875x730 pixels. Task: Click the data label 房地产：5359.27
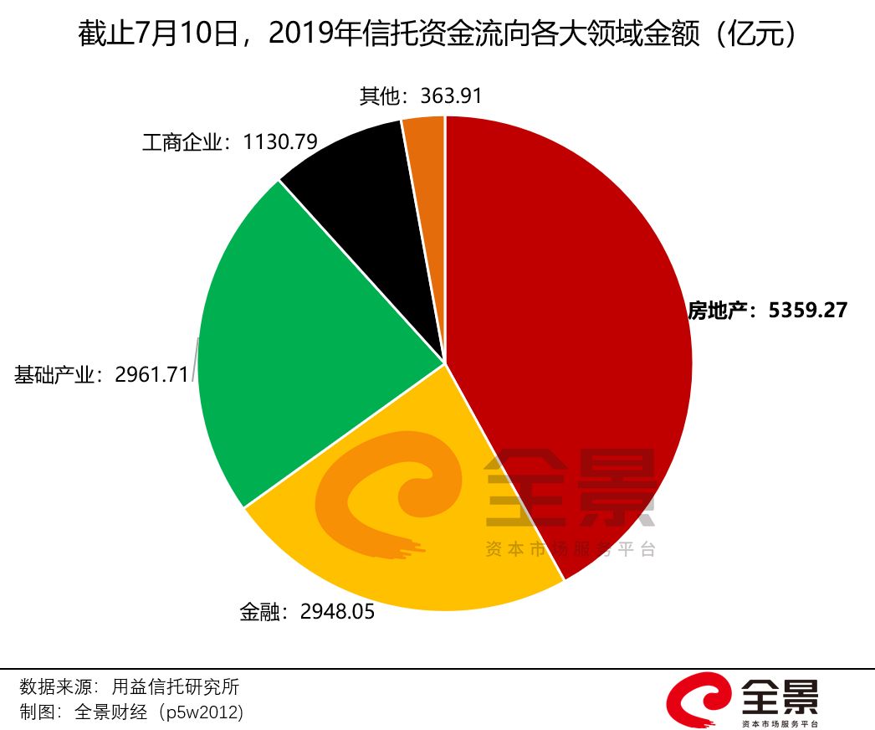click(767, 311)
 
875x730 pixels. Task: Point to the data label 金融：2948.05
click(306, 612)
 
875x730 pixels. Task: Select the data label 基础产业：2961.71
click(101, 374)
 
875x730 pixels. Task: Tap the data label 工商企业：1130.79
click(229, 142)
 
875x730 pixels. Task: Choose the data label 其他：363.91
click(421, 95)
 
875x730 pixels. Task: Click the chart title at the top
click(437, 34)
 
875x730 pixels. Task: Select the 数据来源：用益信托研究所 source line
click(130, 687)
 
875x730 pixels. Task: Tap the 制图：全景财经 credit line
click(131, 712)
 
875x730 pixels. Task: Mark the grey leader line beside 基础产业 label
click(196, 360)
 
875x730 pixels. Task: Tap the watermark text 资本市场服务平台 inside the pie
click(571, 549)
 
